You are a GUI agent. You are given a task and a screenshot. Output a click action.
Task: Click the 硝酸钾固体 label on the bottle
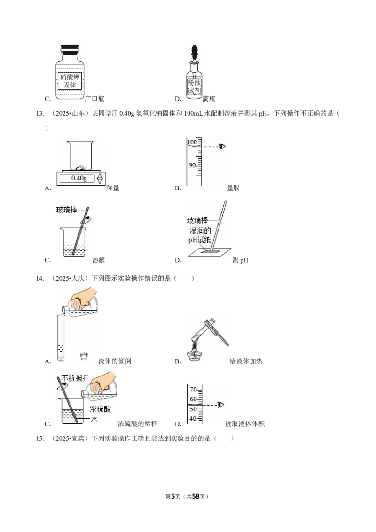[x=69, y=80]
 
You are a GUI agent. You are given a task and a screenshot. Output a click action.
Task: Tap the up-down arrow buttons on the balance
[x=100, y=178]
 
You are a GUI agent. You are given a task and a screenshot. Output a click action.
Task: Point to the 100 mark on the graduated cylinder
[x=192, y=141]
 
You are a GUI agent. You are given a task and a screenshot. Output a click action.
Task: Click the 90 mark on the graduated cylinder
[x=192, y=165]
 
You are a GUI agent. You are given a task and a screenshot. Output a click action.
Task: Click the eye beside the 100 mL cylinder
[x=223, y=146]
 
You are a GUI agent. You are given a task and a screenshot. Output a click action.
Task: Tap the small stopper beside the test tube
[x=84, y=356]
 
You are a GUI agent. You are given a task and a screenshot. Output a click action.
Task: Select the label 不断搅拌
[x=75, y=377]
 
